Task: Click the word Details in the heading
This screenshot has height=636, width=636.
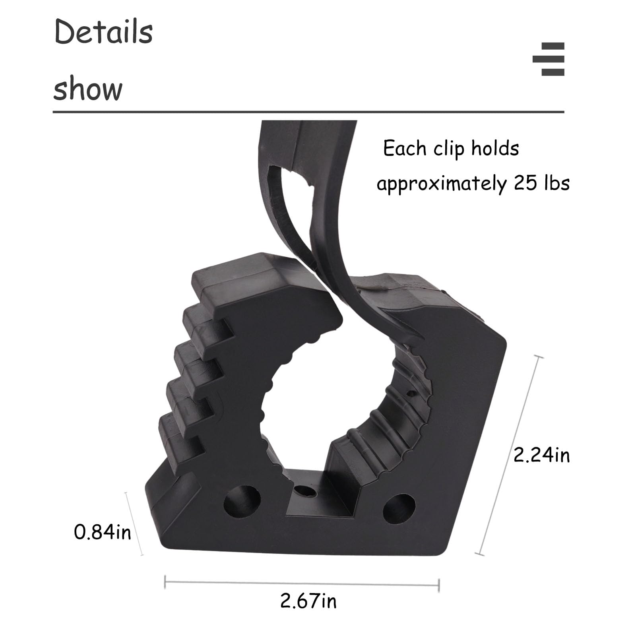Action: click(103, 32)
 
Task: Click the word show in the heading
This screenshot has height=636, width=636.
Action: click(88, 89)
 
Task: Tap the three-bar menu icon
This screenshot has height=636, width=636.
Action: click(549, 59)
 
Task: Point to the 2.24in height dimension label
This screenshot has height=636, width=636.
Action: click(541, 455)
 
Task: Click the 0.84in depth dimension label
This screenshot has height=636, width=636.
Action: click(102, 532)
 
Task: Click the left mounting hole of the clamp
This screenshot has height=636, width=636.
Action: click(242, 502)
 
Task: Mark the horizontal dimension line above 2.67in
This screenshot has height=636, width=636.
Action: click(302, 584)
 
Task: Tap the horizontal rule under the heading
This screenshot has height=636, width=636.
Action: click(308, 112)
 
